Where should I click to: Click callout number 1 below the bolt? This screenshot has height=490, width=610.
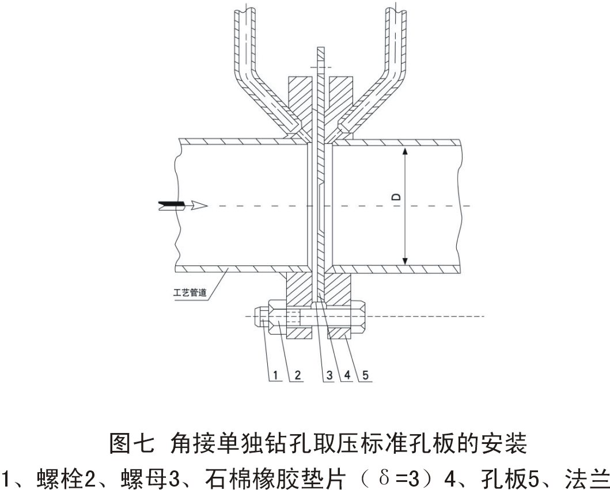coord(276,375)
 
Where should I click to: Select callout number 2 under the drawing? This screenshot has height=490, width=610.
coord(298,375)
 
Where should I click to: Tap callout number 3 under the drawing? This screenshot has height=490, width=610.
coord(328,375)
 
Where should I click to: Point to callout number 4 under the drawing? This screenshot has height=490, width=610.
coord(348,375)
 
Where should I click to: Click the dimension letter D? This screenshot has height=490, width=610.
coord(396,196)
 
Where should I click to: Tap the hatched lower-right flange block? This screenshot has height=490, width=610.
coord(339,288)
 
